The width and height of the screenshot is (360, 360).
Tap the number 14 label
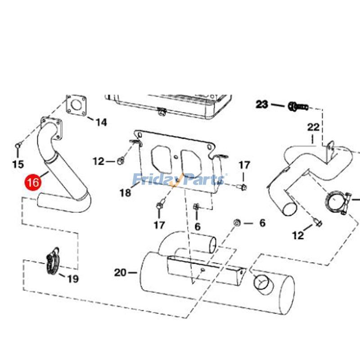pyautogui.click(x=101, y=122)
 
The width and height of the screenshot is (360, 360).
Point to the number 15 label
pyautogui.click(x=18, y=165)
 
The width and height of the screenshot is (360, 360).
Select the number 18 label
pyautogui.click(x=125, y=193)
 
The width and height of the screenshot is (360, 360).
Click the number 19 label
pyautogui.click(x=72, y=279)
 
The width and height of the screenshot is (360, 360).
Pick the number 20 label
pyautogui.click(x=120, y=272)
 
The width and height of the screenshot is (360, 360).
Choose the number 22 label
pyautogui.click(x=313, y=127)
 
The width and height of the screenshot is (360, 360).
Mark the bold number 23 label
pyautogui.click(x=262, y=105)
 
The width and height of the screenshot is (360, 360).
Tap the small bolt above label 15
pyautogui.click(x=18, y=145)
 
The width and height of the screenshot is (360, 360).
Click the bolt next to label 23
pyautogui.click(x=297, y=107)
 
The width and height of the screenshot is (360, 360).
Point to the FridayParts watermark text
pyautogui.click(x=180, y=180)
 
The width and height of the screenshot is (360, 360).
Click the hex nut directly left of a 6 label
pyautogui.click(x=237, y=223)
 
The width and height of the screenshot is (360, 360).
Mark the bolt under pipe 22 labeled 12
pyautogui.click(x=318, y=222)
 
